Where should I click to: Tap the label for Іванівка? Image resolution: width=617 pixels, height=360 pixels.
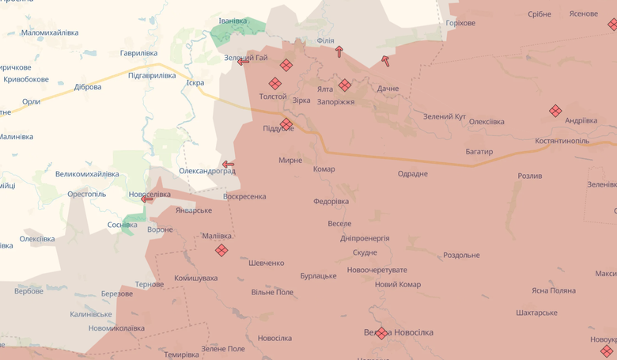(233, 21)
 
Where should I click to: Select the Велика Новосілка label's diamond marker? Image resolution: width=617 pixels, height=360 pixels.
(381, 333)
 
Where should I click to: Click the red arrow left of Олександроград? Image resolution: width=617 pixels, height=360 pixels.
(228, 165)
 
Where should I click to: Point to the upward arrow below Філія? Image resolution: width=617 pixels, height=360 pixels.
(339, 51)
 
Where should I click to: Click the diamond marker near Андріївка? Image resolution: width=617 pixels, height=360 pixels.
(555, 111)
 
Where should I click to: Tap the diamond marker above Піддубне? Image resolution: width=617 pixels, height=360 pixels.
(286, 123)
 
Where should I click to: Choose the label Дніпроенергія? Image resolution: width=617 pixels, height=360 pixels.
(365, 238)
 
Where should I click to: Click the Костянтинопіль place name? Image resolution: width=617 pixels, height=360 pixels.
(562, 141)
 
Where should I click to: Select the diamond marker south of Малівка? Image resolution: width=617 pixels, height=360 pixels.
(221, 250)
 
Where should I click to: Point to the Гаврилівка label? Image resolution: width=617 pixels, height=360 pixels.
(138, 53)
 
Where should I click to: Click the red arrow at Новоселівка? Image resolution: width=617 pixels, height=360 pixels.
(147, 199)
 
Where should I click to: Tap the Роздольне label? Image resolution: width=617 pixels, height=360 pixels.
(461, 255)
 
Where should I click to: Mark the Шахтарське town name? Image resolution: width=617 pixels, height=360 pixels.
(536, 313)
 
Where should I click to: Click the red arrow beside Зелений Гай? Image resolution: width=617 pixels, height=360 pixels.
(243, 61)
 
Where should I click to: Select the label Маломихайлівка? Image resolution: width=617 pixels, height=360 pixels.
(50, 32)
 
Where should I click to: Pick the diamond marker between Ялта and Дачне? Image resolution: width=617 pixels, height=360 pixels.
(344, 85)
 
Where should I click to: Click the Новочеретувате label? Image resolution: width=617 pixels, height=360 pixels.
(377, 270)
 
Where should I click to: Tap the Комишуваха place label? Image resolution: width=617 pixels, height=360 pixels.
(195, 278)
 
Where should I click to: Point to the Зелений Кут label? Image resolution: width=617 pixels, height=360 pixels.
(444, 116)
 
